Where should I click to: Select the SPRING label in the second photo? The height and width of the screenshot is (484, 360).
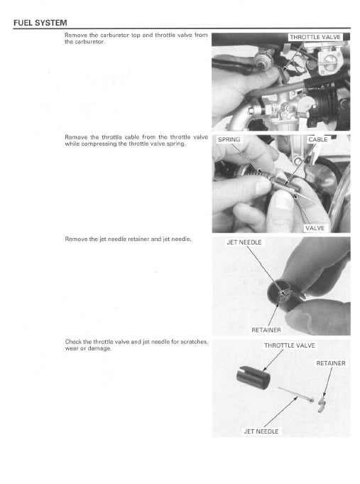click(229, 140)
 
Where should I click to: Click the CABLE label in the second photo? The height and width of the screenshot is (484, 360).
click(317, 140)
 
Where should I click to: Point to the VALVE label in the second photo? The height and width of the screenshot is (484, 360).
click(315, 227)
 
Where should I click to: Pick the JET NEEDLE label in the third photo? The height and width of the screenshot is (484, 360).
click(244, 242)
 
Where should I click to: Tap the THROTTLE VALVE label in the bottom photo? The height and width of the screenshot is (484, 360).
click(289, 345)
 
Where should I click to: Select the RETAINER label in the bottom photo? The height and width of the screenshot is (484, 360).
click(330, 363)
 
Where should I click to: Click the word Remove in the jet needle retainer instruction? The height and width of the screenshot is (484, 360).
click(75, 240)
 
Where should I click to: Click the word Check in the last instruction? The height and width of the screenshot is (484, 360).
click(73, 342)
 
